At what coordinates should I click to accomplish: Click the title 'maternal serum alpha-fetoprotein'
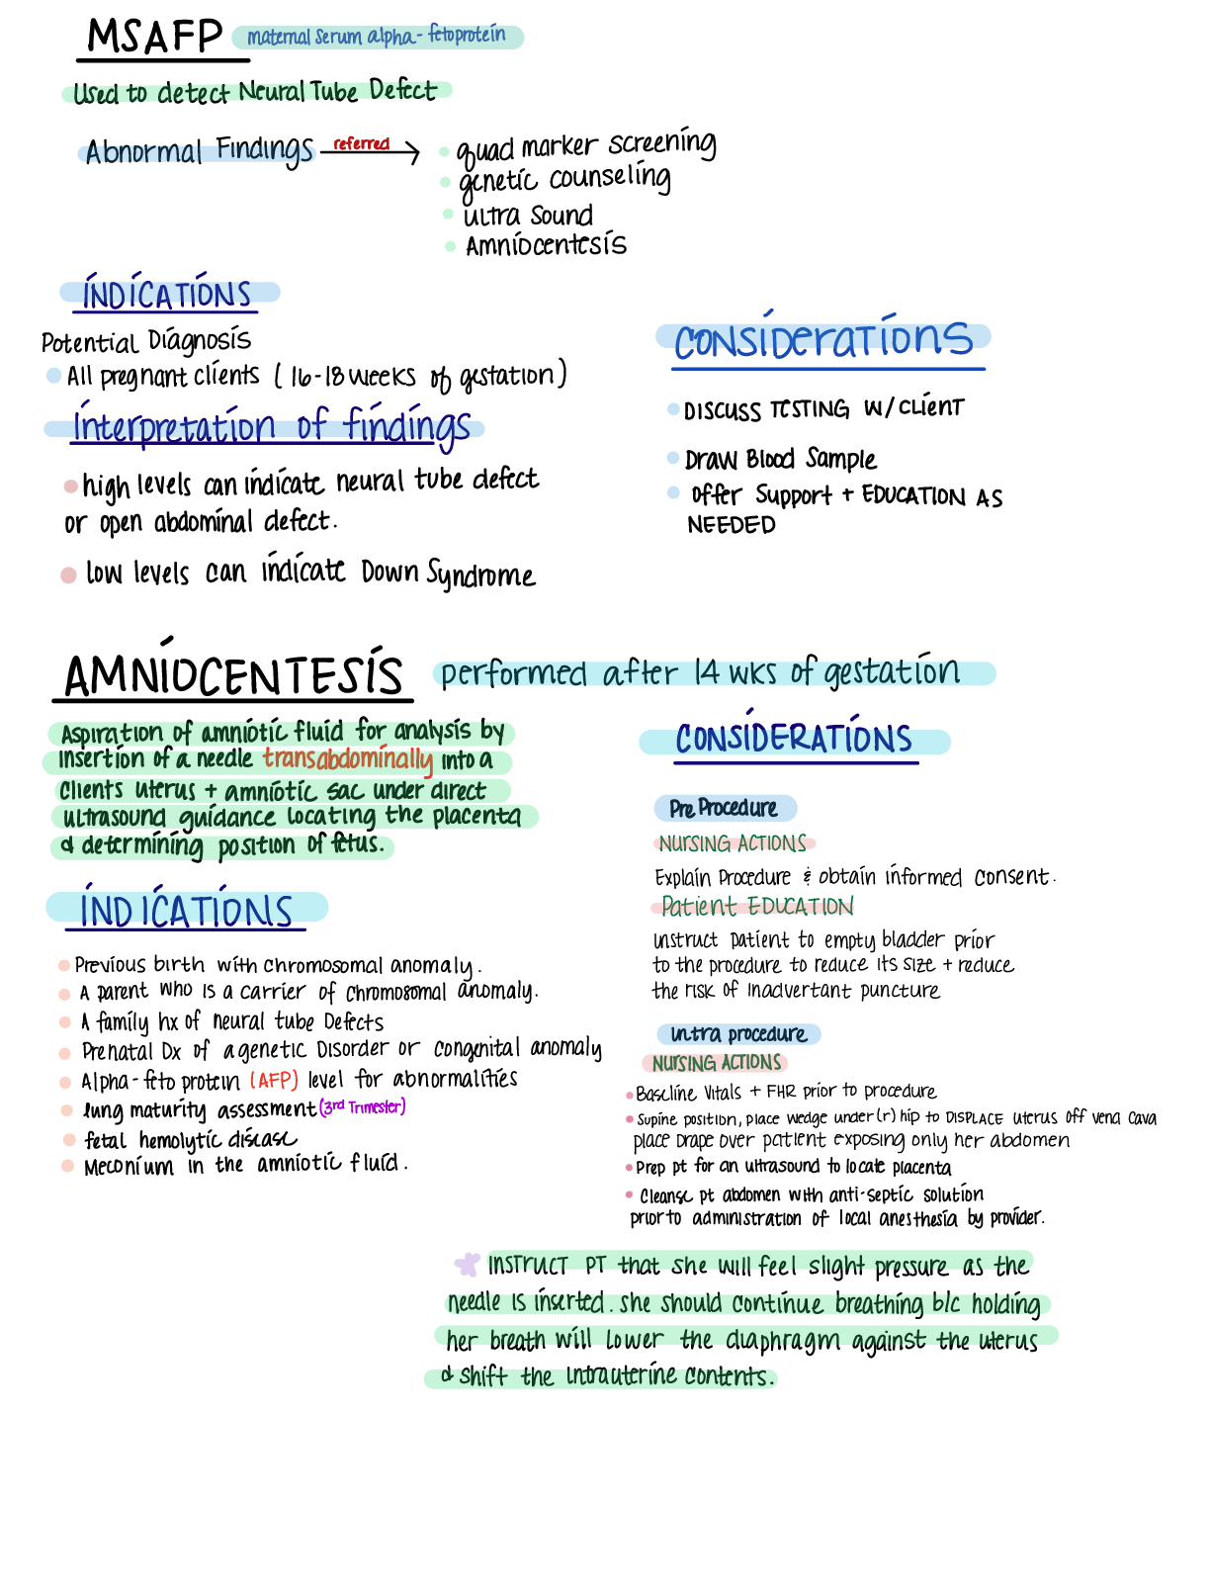click(377, 37)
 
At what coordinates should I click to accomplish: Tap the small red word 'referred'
click(362, 144)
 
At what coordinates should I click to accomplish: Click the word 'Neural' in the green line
click(273, 93)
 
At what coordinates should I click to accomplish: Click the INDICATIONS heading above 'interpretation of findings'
click(167, 295)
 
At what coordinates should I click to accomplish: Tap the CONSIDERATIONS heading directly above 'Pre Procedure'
click(794, 741)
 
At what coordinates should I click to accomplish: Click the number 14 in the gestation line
click(707, 673)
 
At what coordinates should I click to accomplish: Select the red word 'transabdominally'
click(348, 759)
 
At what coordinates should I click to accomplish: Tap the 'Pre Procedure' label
click(724, 809)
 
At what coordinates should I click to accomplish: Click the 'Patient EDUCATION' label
click(756, 906)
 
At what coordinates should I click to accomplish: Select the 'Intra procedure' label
click(737, 1034)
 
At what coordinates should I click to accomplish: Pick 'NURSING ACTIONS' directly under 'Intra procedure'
click(716, 1063)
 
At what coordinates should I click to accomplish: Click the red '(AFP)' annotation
click(274, 1080)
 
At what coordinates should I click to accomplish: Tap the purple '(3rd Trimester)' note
click(362, 1106)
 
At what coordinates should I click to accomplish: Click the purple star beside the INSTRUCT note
click(467, 1264)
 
